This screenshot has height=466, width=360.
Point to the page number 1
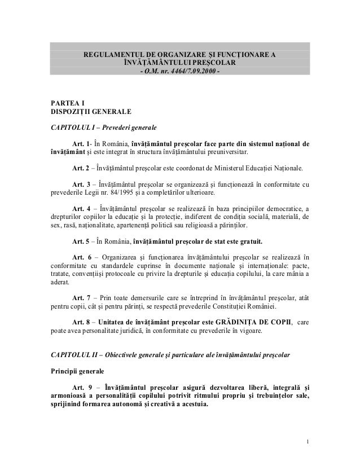tap(308, 441)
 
